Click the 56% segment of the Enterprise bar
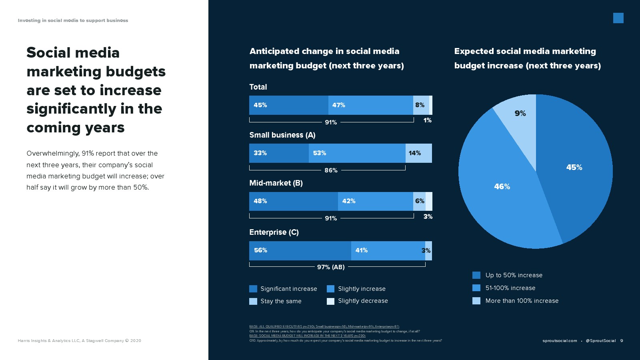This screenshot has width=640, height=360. [x=300, y=251]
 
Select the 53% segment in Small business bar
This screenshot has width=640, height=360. [x=357, y=153]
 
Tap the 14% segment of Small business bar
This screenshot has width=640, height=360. [x=419, y=153]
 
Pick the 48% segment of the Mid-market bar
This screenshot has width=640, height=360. [x=293, y=201]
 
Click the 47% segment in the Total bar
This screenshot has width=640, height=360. [x=370, y=105]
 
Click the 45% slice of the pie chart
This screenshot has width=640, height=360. [x=576, y=168]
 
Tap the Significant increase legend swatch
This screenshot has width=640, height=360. [x=253, y=289]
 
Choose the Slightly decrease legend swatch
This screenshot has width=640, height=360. [x=330, y=301]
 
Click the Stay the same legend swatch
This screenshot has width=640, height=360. [x=253, y=301]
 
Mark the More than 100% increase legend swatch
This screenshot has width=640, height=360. [x=476, y=301]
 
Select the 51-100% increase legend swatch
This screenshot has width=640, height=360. [x=476, y=288]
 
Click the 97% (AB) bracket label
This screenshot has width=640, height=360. [x=331, y=267]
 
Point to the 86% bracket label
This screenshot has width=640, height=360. [x=331, y=170]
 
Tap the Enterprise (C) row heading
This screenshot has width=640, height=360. [x=274, y=232]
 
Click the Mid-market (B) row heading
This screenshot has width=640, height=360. [x=276, y=183]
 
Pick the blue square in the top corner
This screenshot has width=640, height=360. [x=618, y=18]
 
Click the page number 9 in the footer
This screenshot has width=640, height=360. [x=622, y=341]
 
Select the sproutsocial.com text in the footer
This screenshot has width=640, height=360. [x=560, y=341]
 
